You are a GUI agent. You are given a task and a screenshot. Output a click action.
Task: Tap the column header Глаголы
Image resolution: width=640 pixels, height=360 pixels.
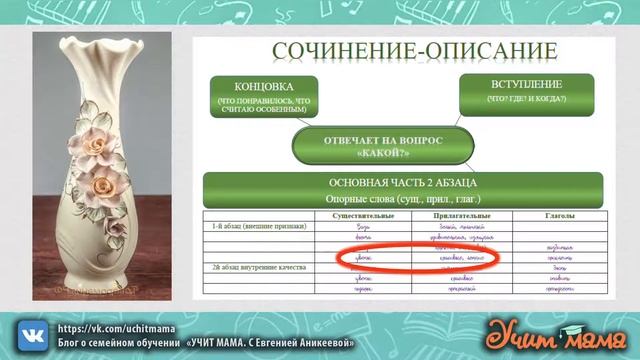tap(559, 215)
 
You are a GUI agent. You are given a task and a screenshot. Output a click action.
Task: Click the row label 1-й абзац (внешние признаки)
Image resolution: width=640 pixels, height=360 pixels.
tap(244, 227)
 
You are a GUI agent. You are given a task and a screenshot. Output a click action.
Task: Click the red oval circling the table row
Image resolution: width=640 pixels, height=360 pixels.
tap(418, 258)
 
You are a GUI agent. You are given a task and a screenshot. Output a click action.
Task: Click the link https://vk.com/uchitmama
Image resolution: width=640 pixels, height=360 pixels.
tap(103, 327)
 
